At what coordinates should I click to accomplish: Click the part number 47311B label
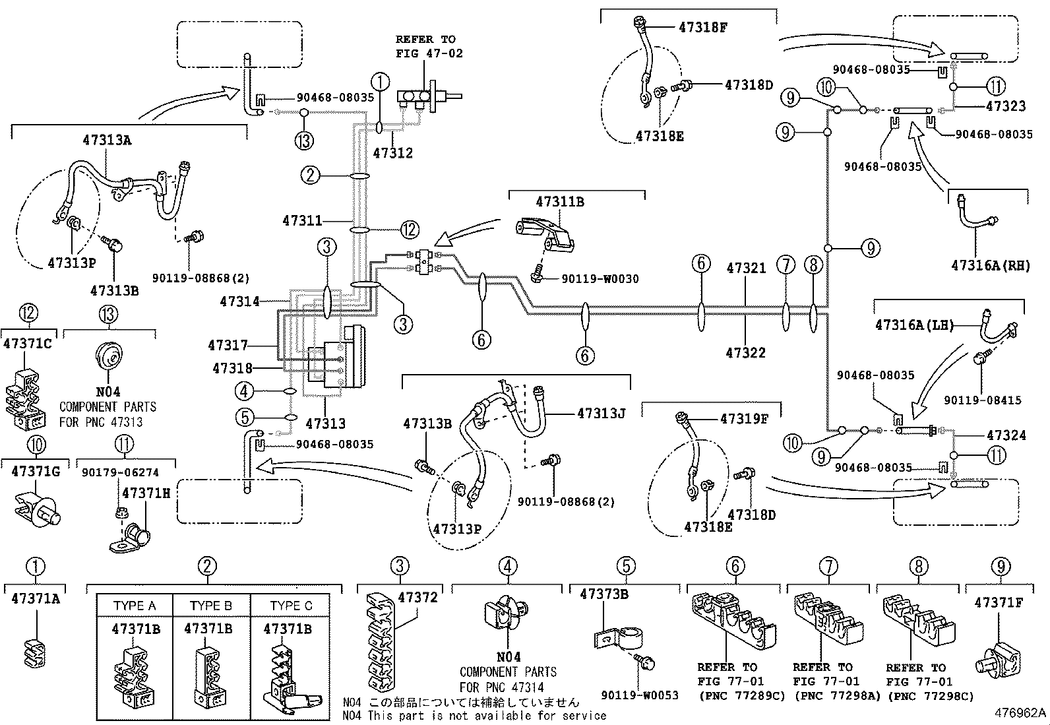pyautogui.click(x=559, y=202)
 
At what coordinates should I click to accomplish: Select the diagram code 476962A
pyautogui.click(x=1020, y=712)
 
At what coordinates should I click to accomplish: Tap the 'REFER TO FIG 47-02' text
pyautogui.click(x=429, y=46)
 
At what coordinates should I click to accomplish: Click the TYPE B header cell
pyautogui.click(x=211, y=606)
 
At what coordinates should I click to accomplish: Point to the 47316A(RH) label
pyautogui.click(x=990, y=265)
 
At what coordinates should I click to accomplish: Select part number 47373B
pyautogui.click(x=603, y=594)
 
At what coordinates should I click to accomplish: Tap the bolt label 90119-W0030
pyautogui.click(x=600, y=279)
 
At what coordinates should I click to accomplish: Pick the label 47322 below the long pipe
pyautogui.click(x=745, y=353)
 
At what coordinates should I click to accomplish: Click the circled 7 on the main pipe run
pyautogui.click(x=786, y=265)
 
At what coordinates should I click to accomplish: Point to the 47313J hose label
pyautogui.click(x=600, y=414)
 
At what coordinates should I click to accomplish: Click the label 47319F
pyautogui.click(x=744, y=418)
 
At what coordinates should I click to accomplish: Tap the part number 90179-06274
pyautogui.click(x=120, y=472)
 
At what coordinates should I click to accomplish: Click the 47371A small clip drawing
pyautogui.click(x=36, y=650)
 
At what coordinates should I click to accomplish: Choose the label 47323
pyautogui.click(x=1006, y=106)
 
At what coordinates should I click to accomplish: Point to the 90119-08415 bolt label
pyautogui.click(x=982, y=400)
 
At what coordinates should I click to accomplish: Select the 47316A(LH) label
pyautogui.click(x=914, y=325)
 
